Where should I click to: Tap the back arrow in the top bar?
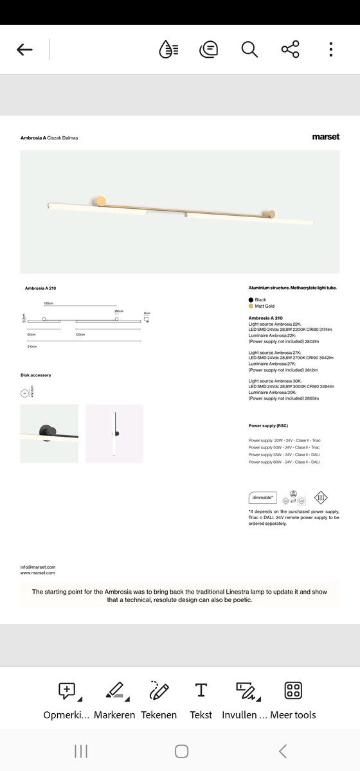pos(24,49)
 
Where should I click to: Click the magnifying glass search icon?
pos(249,49)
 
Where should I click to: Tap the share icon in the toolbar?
pos(290,49)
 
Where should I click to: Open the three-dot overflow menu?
pos(330,49)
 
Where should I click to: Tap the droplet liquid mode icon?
pos(168,49)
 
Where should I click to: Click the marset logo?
pos(325,137)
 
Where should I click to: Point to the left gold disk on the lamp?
pos(100,202)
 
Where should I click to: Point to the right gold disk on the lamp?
pos(271,215)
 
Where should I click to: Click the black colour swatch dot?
pos(251,300)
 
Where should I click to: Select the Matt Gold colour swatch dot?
pos(251,306)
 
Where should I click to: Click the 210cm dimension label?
pos(32,346)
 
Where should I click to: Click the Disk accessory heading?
pos(36,375)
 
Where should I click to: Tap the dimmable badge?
pos(262,498)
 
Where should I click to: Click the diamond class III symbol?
pos(321,497)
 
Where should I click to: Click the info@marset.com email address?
pos(38,567)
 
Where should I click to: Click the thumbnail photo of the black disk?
pos(50,434)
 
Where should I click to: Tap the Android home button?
pos(181,751)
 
